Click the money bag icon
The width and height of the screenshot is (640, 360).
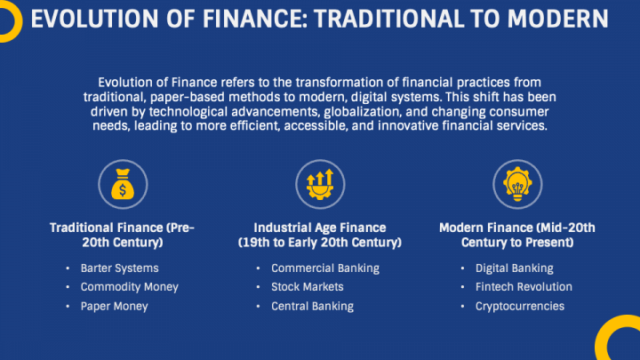click(x=122, y=185)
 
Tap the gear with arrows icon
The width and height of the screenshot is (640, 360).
click(x=320, y=185)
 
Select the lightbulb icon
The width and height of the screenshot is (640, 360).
click(x=517, y=185)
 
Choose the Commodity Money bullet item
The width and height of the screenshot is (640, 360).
click(x=129, y=287)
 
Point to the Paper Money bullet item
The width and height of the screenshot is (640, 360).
click(x=114, y=306)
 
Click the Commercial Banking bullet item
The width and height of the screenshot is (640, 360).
click(x=324, y=268)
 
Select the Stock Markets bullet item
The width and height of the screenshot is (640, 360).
click(x=307, y=287)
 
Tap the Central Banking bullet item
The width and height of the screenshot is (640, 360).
click(x=312, y=306)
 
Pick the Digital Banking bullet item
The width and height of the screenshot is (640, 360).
click(x=514, y=268)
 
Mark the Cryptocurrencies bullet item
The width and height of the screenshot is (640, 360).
click(x=519, y=306)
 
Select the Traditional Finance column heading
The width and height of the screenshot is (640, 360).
click(x=122, y=235)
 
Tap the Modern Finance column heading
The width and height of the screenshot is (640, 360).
click(x=517, y=235)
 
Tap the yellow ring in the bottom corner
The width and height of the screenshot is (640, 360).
click(x=620, y=340)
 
